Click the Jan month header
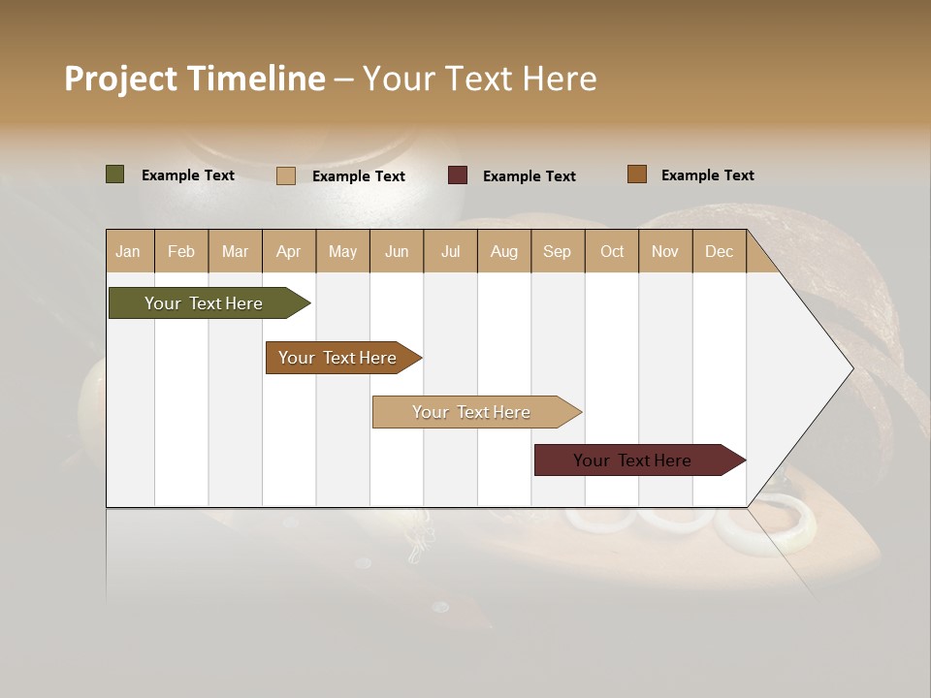[x=128, y=252]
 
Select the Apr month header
[x=288, y=252]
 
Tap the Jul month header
[x=450, y=252]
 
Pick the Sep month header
[x=557, y=252]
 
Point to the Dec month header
[x=719, y=252]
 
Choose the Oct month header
[x=612, y=252]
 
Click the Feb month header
[x=181, y=252]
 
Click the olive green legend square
[x=114, y=174]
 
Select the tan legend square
[x=285, y=175]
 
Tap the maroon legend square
[x=457, y=174]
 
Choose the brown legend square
[x=636, y=174]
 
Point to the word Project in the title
[x=121, y=78]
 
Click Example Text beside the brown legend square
[x=707, y=174]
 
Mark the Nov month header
[x=665, y=252]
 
